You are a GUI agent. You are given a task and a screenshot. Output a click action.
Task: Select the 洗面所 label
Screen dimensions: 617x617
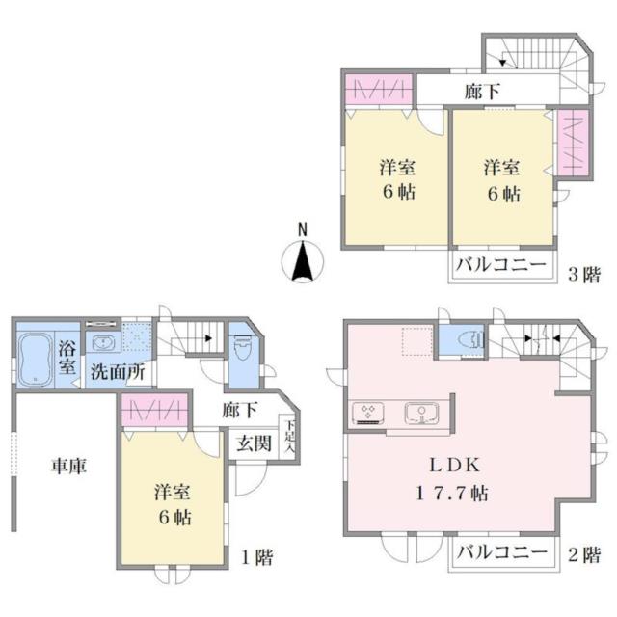118,371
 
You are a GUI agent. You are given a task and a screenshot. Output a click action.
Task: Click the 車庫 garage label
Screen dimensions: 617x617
68,466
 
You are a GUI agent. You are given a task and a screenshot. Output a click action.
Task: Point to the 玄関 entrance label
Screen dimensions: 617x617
255,443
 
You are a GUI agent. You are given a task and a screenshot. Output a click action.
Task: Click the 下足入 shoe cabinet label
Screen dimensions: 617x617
289,436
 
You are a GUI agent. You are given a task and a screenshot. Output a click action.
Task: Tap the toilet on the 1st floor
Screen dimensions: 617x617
242,347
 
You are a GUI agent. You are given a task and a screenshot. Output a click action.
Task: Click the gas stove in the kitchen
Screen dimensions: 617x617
368,413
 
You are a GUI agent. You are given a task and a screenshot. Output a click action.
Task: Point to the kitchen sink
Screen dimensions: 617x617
421,414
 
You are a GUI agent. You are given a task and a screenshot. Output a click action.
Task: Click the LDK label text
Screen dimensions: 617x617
454,466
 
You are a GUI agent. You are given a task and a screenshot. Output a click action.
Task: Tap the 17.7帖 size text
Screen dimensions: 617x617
452,494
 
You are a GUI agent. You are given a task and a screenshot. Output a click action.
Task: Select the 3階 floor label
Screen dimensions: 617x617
584,274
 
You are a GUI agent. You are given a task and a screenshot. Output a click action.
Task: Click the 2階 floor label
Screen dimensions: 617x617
584,555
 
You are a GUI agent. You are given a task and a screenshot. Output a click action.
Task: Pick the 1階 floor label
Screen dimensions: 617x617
256,557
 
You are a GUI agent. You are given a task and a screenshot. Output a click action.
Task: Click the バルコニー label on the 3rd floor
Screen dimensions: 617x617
501,264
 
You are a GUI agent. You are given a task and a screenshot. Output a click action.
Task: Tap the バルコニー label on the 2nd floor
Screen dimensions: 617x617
501,551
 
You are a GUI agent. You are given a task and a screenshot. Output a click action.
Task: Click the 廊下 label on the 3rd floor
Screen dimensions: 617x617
482,92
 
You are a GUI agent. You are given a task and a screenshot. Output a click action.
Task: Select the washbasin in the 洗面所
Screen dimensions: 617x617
103,343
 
